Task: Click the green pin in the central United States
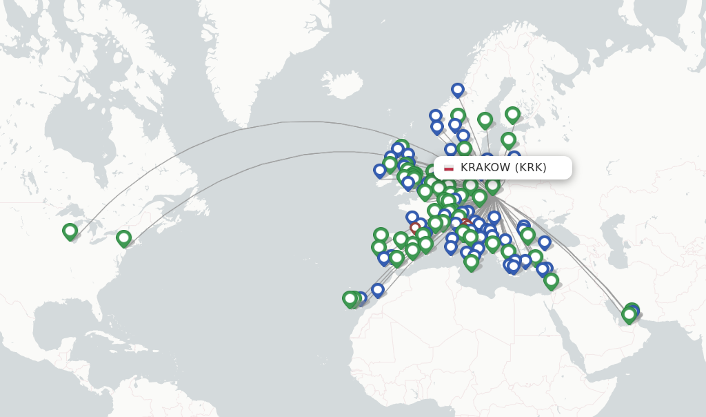click(70, 231)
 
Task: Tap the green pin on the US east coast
click(123, 238)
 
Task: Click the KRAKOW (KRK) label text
click(503, 167)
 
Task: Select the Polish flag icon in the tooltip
click(449, 168)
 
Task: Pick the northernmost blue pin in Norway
click(458, 90)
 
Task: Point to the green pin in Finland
click(512, 115)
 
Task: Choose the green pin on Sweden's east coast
click(485, 120)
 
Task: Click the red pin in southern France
click(415, 227)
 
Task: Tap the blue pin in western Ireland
click(379, 170)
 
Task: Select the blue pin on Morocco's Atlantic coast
click(377, 290)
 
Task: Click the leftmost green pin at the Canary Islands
click(350, 298)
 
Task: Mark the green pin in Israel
click(551, 280)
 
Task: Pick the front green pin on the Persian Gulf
click(629, 315)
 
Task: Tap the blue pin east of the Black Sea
click(545, 242)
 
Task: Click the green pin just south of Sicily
click(472, 262)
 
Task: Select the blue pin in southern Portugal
click(384, 258)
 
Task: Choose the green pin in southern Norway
click(458, 115)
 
